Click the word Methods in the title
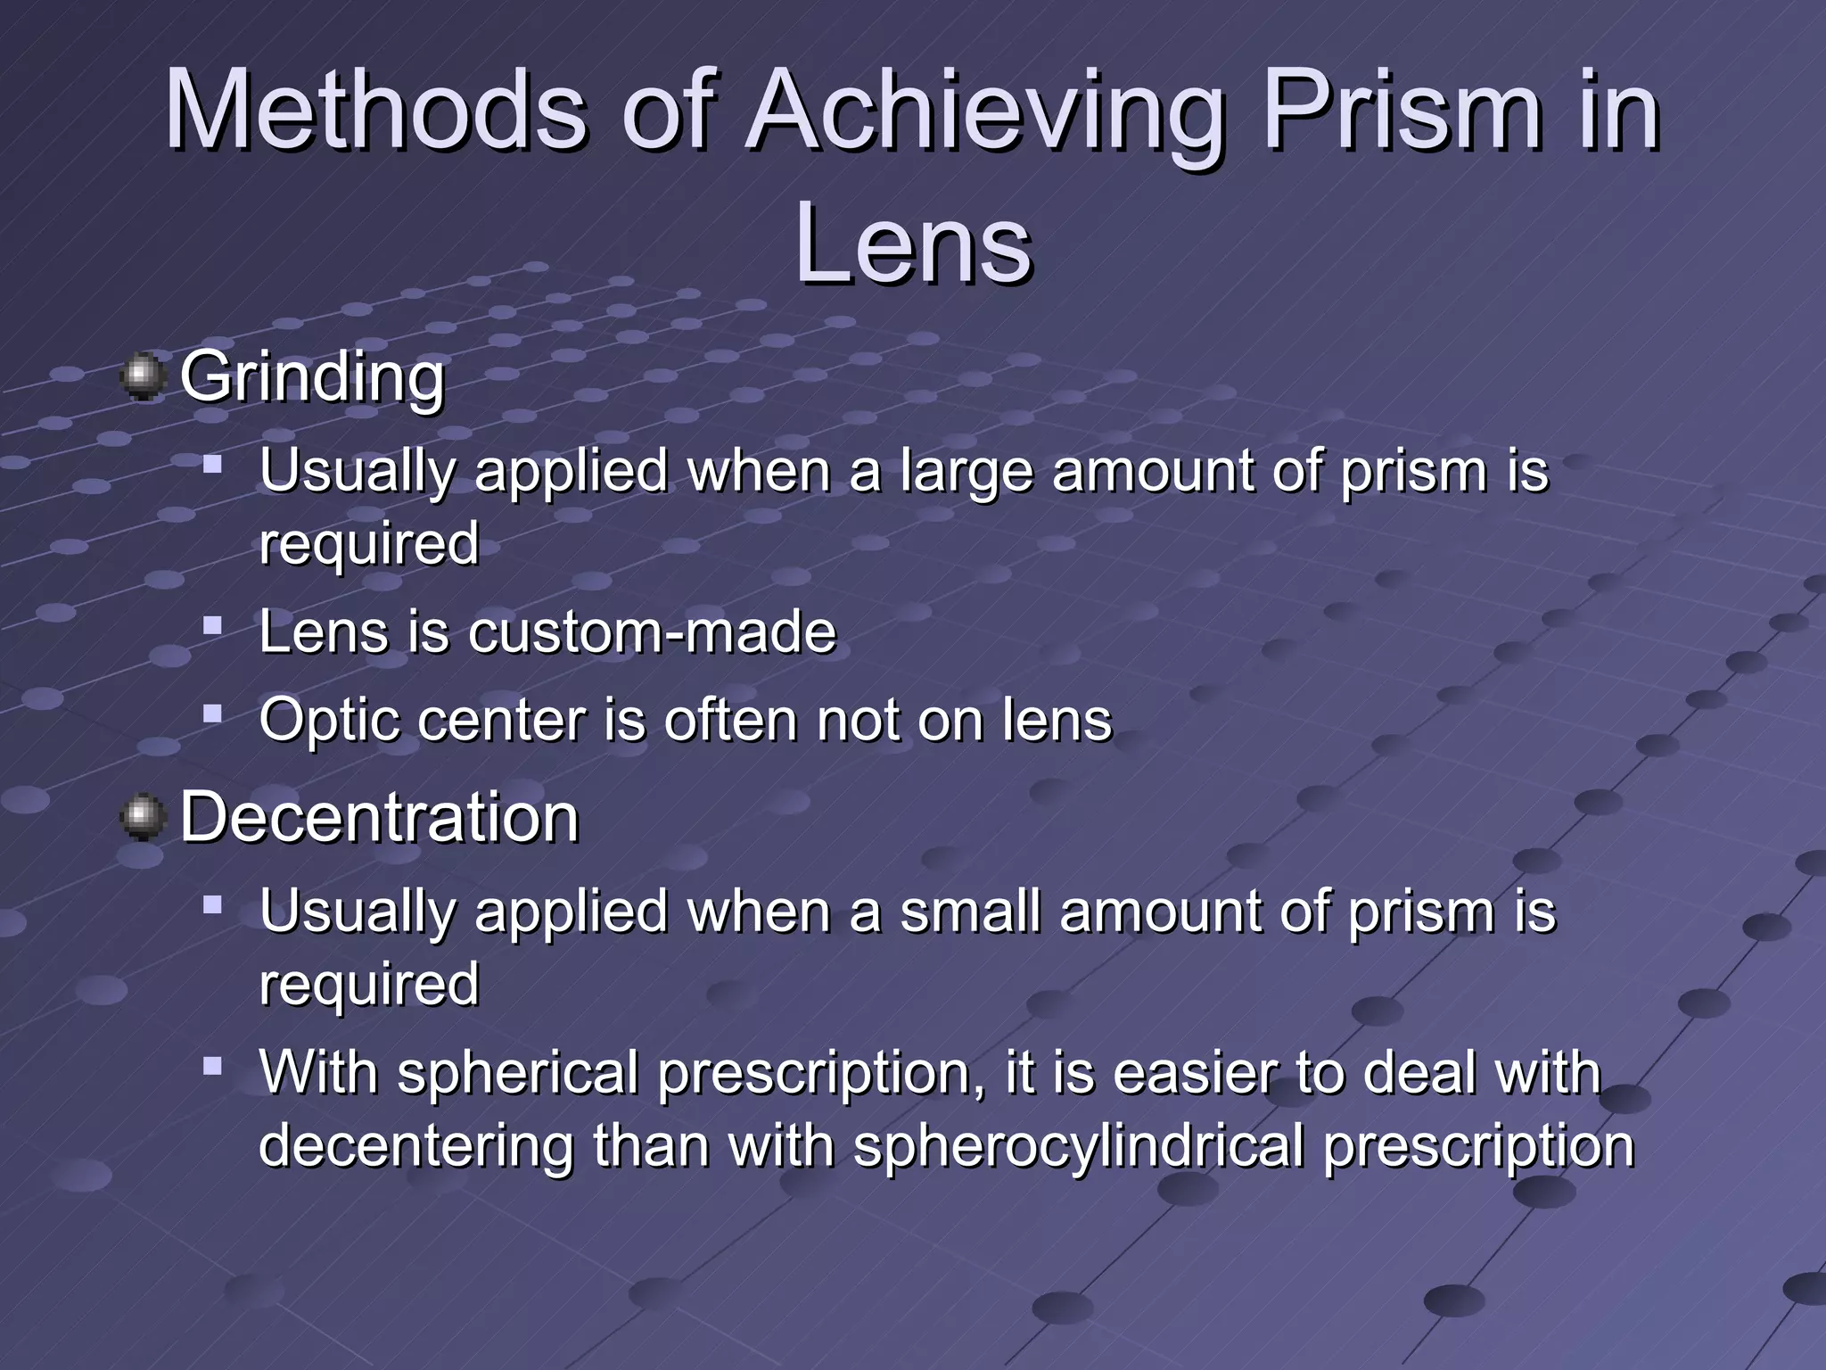pos(375,110)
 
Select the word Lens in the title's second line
pos(913,244)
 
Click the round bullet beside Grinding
pos(143,377)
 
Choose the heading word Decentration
pos(380,817)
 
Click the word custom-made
pos(652,632)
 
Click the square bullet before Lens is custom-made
pos(212,625)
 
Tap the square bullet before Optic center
pos(212,714)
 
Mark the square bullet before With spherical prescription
pos(212,1065)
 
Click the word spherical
pos(517,1074)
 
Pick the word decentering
pos(415,1145)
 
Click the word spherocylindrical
pos(1079,1147)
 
